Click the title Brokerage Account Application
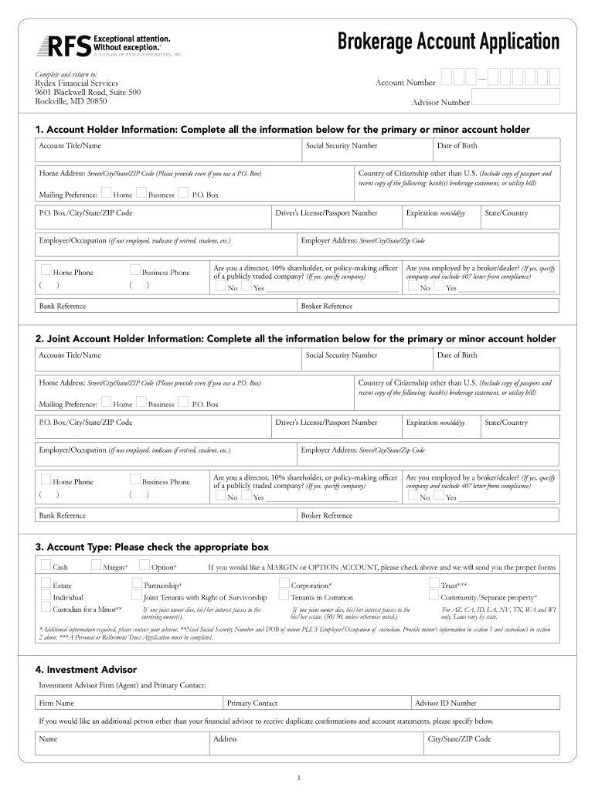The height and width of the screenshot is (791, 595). pos(448,42)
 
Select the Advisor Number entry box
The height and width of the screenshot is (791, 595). pos(515,97)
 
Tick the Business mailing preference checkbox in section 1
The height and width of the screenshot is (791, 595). pos(141,193)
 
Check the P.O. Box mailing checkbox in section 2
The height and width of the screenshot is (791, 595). pos(183,402)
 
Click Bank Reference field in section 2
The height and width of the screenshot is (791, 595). pos(166,515)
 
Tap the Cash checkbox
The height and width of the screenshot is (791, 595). pos(46,566)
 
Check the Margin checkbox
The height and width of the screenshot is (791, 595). pos(97,566)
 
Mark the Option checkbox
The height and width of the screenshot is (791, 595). pos(144,566)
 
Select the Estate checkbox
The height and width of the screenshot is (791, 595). pos(46,584)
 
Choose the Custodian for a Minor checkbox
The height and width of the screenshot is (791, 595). pos(46,608)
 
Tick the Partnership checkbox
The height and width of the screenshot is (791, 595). pos(137,584)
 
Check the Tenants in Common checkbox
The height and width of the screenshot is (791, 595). pos(284,596)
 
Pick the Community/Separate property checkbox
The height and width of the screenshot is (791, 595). pos(433,596)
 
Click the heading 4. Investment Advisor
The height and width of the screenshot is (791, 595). pos(86,669)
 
